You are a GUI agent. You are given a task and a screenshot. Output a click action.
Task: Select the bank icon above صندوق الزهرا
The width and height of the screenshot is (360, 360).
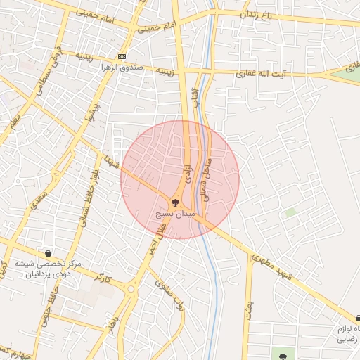[122, 56]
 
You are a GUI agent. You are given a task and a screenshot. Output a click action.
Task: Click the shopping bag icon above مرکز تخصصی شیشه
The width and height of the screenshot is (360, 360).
[47, 252]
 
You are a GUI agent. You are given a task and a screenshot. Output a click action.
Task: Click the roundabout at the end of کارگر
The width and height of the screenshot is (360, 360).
[130, 288]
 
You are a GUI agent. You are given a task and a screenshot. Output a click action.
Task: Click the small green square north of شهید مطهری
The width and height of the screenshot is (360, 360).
[290, 212]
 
